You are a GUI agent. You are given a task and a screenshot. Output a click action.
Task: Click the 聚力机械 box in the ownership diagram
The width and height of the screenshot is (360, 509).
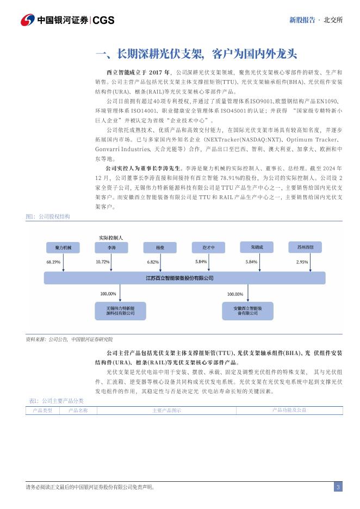click(64, 247)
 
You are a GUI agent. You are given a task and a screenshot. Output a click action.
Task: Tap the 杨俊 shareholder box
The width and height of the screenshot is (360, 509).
click(153, 247)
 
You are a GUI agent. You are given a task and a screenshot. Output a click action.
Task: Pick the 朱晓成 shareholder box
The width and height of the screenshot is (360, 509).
click(257, 247)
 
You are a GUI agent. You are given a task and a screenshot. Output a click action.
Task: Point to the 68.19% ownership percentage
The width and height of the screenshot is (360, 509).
click(53, 262)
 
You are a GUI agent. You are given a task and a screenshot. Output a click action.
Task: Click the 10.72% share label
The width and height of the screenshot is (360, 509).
click(102, 262)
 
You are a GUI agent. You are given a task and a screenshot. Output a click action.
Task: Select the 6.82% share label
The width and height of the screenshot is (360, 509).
click(153, 262)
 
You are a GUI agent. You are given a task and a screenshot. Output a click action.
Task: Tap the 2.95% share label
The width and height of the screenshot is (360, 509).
click(302, 262)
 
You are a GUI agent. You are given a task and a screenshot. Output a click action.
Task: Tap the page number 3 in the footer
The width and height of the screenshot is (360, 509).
click(338, 487)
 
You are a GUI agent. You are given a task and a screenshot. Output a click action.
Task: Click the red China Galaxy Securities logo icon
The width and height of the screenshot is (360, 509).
click(27, 20)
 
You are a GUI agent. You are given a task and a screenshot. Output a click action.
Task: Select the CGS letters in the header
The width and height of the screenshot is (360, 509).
click(104, 20)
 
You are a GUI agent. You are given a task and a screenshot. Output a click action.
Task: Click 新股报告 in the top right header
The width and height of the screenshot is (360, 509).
click(302, 20)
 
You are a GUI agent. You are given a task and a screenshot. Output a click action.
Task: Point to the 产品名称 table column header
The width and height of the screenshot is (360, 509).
click(78, 410)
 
